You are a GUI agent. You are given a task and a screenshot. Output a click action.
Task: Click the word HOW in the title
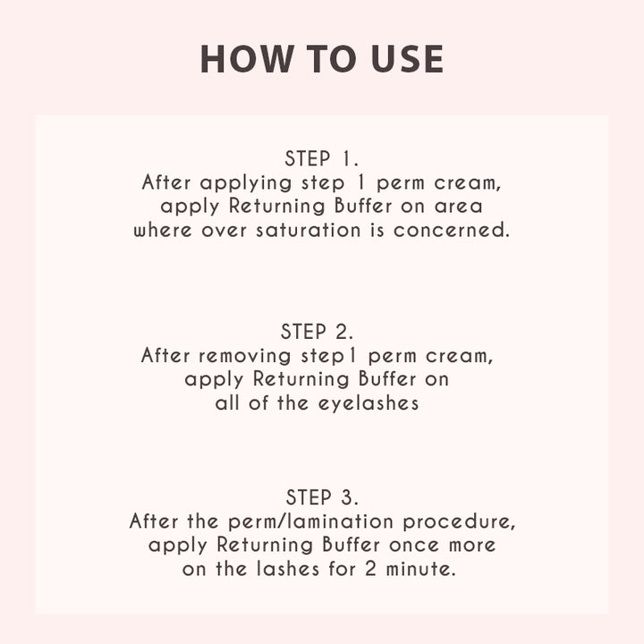coord(247,59)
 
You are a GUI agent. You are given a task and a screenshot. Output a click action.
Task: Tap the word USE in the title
coord(407,59)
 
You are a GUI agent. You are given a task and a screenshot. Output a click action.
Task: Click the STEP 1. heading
coord(322,158)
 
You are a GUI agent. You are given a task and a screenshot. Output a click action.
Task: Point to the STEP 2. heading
coord(317,332)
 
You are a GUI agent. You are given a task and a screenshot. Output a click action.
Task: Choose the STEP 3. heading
coord(322,497)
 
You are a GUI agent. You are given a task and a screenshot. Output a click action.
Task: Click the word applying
coord(246,183)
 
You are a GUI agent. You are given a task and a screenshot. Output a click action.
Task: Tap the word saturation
coord(309,230)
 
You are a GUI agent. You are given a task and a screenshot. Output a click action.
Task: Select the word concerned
coord(452,230)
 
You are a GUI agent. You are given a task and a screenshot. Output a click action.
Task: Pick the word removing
coord(245,356)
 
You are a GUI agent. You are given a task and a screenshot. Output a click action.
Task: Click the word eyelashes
coord(369,403)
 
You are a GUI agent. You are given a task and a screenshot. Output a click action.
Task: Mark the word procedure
coord(459,521)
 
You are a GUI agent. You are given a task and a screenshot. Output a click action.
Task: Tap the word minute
coord(421,569)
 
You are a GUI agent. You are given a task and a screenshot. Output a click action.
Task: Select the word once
coord(414,546)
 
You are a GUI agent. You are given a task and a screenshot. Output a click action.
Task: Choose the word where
coord(163,230)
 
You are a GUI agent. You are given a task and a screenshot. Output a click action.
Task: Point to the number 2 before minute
coord(370,569)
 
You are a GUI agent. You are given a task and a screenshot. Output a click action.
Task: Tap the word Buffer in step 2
coord(387,378)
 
